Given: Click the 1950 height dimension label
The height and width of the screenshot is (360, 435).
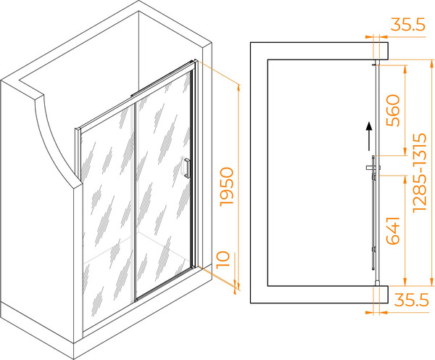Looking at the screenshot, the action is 227,187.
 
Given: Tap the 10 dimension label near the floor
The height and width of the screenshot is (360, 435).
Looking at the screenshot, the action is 223,260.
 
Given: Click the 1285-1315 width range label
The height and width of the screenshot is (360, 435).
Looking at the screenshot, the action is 419,173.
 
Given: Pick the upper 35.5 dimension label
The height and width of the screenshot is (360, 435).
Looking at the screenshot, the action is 407,25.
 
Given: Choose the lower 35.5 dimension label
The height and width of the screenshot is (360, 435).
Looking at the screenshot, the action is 412,300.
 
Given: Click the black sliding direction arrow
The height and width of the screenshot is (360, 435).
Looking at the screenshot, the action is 369,136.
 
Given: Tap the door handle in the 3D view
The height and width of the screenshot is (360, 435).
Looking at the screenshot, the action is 186,167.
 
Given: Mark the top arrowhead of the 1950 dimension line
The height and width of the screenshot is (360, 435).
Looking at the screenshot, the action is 238,87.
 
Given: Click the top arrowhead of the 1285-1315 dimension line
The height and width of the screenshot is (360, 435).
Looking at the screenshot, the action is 431,63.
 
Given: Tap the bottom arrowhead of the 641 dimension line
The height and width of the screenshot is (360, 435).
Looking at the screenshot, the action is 405,282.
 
